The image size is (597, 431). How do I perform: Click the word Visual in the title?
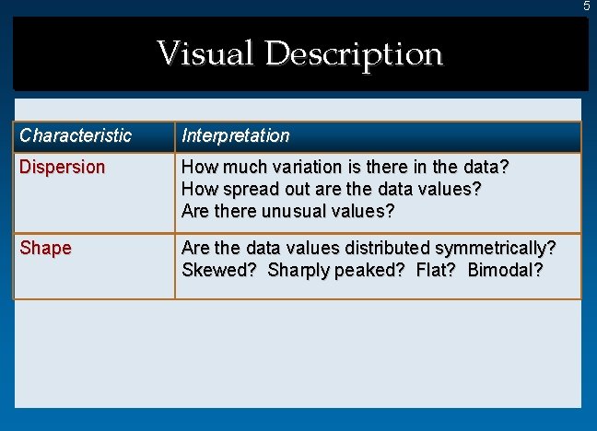click(x=205, y=53)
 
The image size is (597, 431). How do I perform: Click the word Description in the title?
click(x=354, y=54)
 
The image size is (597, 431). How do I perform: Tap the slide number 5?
click(x=586, y=6)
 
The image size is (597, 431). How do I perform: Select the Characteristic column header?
click(x=76, y=136)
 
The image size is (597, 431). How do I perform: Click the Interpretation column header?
click(x=236, y=136)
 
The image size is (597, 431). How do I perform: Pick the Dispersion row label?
click(x=63, y=168)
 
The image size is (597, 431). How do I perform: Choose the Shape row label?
click(x=45, y=248)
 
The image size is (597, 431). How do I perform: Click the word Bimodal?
click(x=505, y=270)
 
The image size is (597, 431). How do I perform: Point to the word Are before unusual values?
click(x=196, y=211)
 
